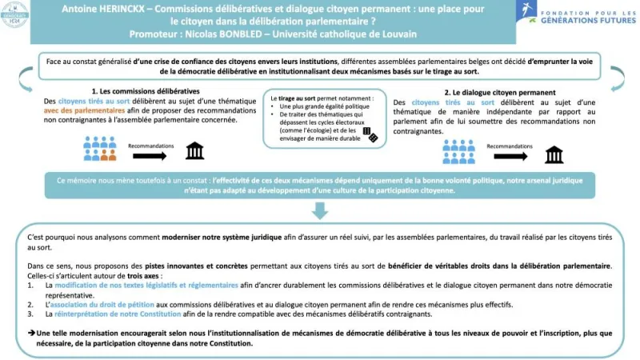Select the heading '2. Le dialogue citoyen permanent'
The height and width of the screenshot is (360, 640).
tap(497, 91)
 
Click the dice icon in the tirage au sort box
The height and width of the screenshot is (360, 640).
tap(370, 134)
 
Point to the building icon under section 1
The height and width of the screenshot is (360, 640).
tap(194, 151)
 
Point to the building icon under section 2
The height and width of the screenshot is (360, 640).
tap(554, 154)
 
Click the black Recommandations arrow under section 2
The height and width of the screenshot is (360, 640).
tap(506, 155)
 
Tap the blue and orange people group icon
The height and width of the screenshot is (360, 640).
tap(99, 148)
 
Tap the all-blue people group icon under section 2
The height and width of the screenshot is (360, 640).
tap(458, 151)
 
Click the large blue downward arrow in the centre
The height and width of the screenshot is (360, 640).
tap(320, 210)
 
